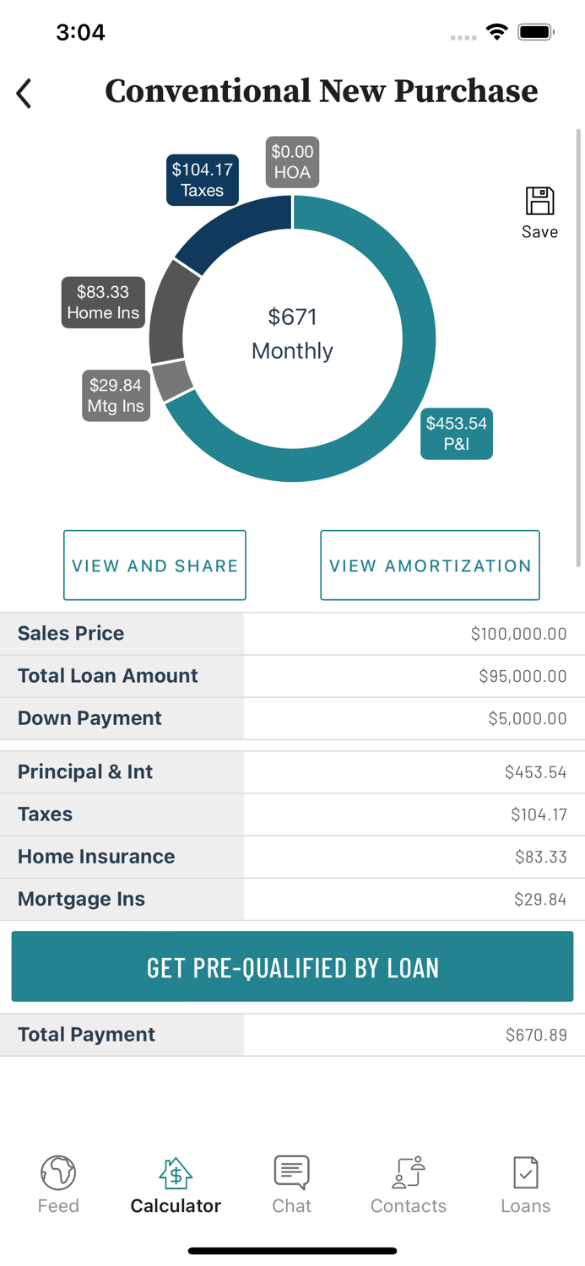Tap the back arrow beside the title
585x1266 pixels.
click(x=24, y=93)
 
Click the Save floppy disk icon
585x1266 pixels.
click(x=539, y=203)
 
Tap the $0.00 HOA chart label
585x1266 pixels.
click(x=292, y=162)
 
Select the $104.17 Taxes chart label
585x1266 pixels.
click(x=202, y=180)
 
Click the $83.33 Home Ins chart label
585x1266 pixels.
click(x=103, y=302)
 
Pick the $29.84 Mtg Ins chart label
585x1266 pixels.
click(x=116, y=396)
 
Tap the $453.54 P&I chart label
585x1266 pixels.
click(x=457, y=434)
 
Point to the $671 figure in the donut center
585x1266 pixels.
click(x=292, y=317)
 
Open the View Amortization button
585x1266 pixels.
click(x=430, y=565)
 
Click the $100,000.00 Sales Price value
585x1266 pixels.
click(x=518, y=634)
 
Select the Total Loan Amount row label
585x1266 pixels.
click(x=108, y=676)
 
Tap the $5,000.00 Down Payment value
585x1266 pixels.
click(x=527, y=718)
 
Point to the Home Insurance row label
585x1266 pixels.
click(x=96, y=857)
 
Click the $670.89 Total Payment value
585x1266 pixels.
click(x=536, y=1035)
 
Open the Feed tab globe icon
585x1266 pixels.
click(x=58, y=1172)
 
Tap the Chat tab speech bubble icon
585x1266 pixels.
click(x=292, y=1172)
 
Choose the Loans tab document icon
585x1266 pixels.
click(x=525, y=1172)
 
